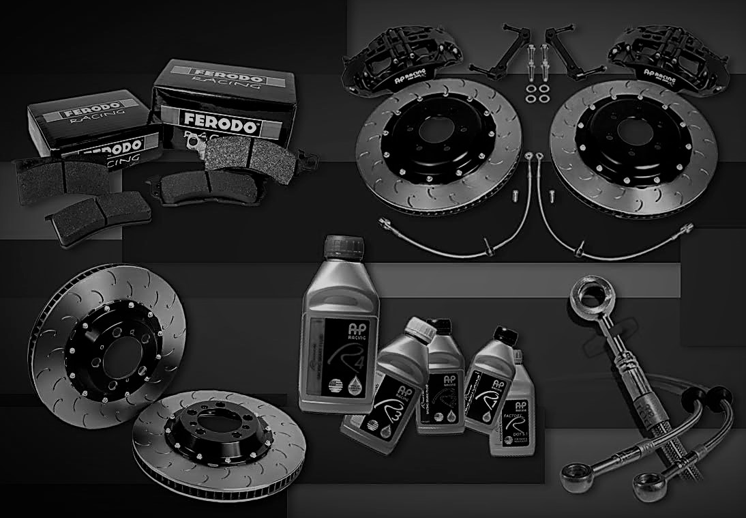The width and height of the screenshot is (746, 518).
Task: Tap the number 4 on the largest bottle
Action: (353, 356)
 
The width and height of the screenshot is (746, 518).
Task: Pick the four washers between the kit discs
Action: (535, 93)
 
